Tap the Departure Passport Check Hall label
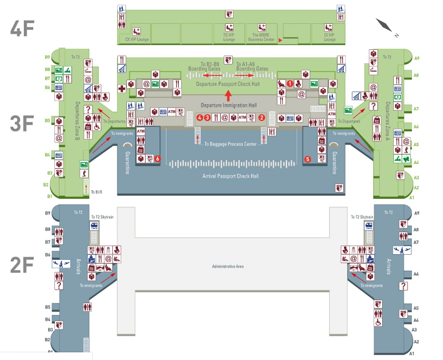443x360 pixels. [x=228, y=84]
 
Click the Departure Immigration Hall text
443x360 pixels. [x=228, y=105]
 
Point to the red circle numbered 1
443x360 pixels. [x=289, y=84]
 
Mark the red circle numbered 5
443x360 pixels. [x=308, y=159]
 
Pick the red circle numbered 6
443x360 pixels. [x=158, y=159]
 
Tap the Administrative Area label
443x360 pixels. [x=228, y=266]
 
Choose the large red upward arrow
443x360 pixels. [x=228, y=94]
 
